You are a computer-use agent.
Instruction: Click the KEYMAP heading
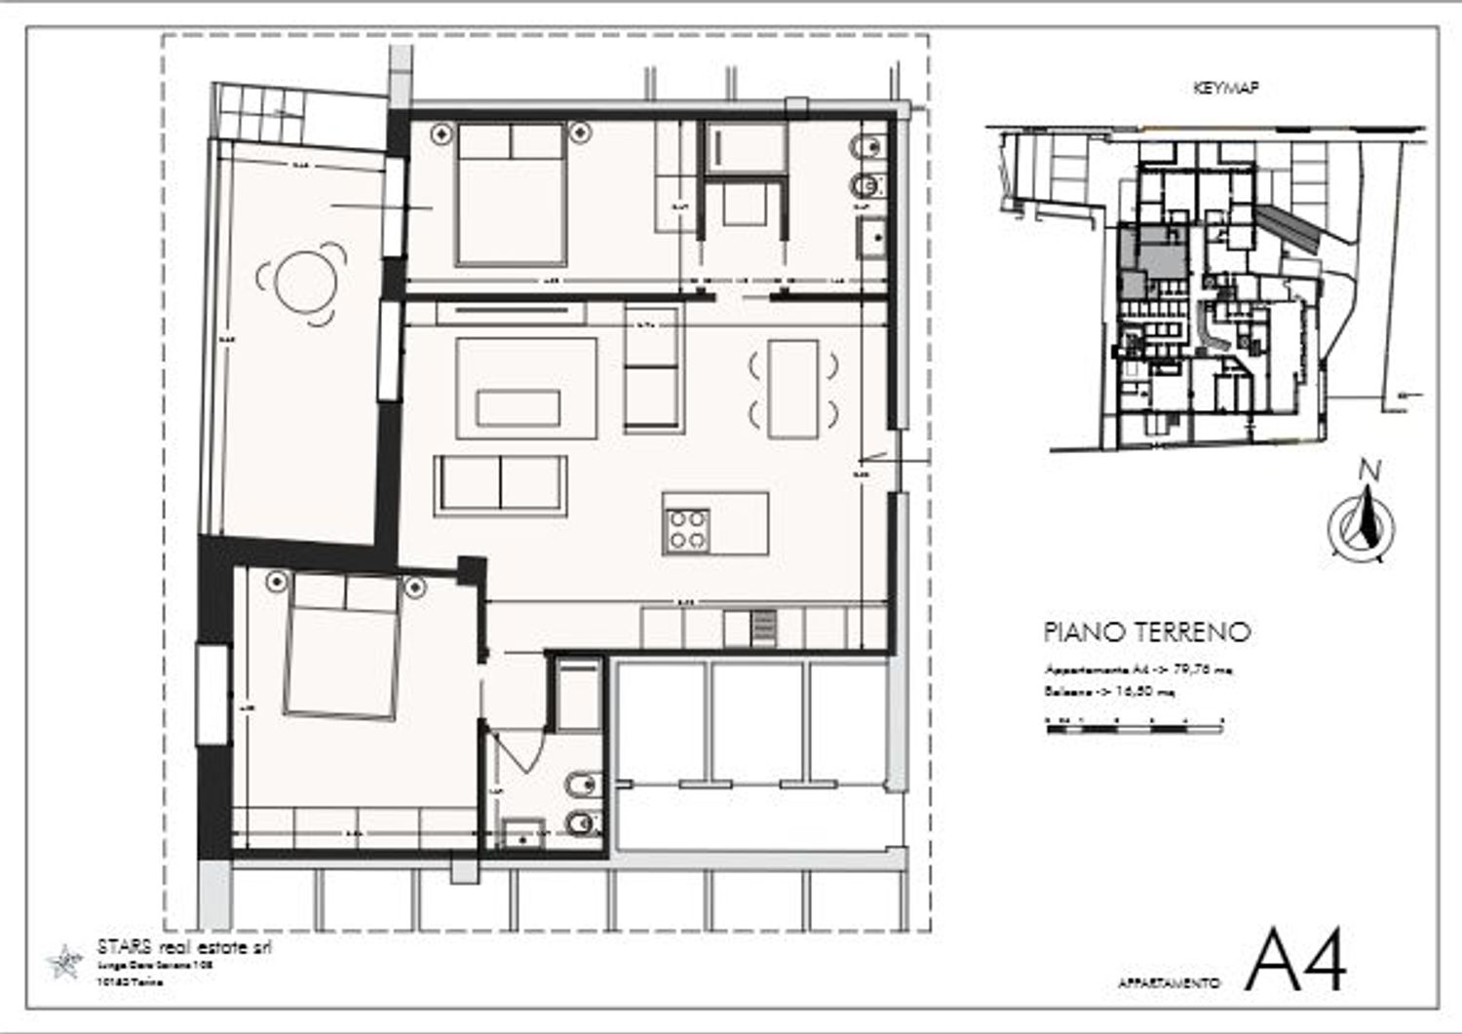click(1225, 88)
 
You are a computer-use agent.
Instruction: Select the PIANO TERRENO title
click(1146, 632)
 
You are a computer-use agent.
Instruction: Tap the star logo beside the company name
click(65, 962)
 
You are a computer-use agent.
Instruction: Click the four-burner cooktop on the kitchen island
click(687, 530)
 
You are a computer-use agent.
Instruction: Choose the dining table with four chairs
click(792, 389)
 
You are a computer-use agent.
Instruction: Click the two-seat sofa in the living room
click(501, 483)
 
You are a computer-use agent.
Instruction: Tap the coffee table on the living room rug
click(518, 407)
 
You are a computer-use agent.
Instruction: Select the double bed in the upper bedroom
click(511, 195)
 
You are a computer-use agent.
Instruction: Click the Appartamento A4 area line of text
click(1138, 670)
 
